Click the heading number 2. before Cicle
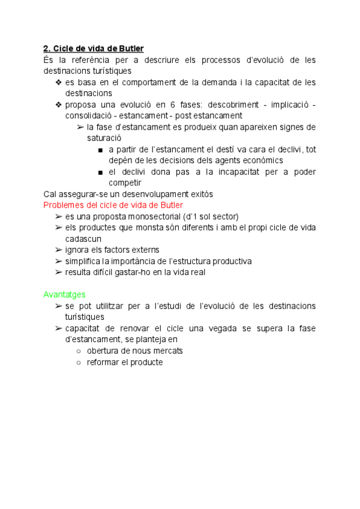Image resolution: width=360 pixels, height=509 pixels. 47,48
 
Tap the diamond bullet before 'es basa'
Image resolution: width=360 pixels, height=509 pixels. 58,82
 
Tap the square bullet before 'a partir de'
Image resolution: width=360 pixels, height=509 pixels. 99,149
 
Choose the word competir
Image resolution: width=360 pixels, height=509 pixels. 125,182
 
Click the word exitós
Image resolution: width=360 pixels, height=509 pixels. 200,194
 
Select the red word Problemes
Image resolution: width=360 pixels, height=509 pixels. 64,205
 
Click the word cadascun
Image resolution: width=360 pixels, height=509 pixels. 84,238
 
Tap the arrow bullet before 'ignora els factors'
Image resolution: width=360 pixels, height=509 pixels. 58,250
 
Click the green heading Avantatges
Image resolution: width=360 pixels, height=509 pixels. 64,295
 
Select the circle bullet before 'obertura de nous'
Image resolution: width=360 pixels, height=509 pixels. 80,351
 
